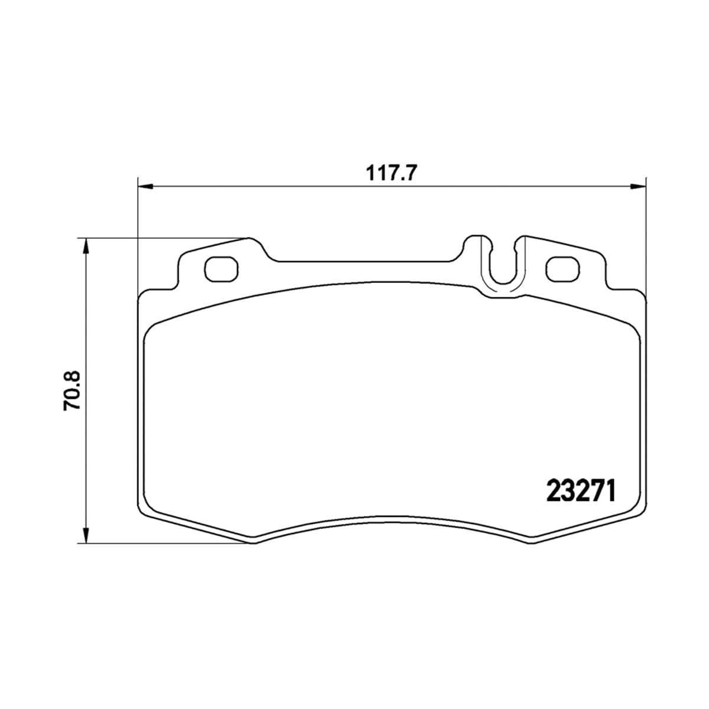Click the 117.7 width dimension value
point(392,173)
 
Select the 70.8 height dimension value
point(72,391)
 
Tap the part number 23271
point(581,491)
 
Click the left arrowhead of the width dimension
point(145,187)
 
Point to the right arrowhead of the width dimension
point(638,187)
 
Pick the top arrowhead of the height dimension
point(85,246)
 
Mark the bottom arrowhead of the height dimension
point(85,535)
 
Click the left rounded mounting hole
point(221,269)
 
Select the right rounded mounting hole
point(563,269)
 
